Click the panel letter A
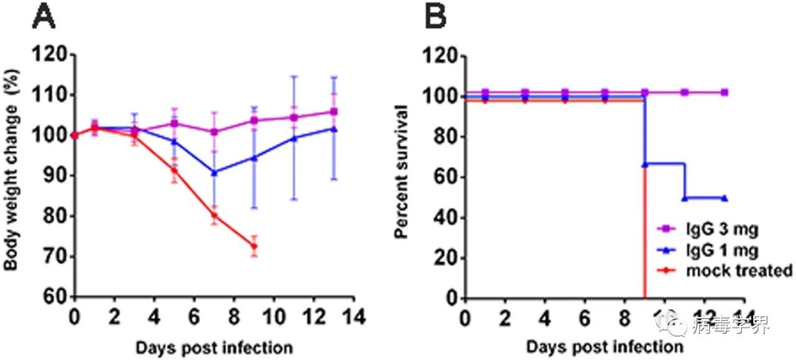click(44, 17)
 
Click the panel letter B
click(435, 17)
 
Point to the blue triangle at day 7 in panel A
click(215, 172)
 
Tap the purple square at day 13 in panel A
click(333, 112)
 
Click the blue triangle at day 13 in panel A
click(333, 129)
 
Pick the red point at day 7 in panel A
click(215, 216)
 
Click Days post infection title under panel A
click(213, 346)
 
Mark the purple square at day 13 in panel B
click(724, 92)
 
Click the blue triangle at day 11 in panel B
click(685, 198)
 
